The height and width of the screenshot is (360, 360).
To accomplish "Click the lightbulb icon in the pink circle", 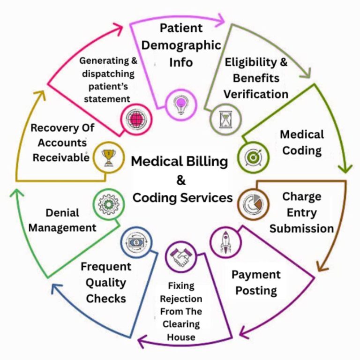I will point(180,104).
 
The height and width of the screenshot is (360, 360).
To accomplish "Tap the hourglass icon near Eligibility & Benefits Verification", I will point(225,120).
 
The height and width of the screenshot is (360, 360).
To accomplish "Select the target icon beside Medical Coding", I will point(253,156).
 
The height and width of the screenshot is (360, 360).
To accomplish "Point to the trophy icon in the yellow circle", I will point(107,156).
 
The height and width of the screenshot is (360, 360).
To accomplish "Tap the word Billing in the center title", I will point(206,162).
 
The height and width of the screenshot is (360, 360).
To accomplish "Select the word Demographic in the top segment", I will point(181,45).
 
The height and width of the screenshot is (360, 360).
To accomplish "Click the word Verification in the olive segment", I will point(255,94).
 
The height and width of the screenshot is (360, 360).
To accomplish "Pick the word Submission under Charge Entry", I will point(301,228).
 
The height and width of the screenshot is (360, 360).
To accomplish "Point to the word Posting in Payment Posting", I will point(256,290).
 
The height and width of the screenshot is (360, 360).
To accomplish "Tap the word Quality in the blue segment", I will point(106,283).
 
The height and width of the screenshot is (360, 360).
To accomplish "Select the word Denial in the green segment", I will point(62,212).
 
